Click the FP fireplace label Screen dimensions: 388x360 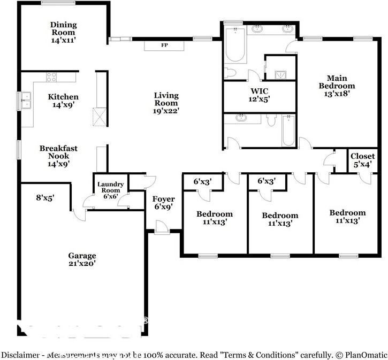[164, 45]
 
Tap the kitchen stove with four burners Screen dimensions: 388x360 [51, 77]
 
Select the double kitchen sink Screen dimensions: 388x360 [26, 101]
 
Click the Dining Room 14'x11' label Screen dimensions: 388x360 [63, 32]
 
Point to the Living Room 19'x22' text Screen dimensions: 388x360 [166, 103]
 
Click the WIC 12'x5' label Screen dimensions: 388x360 [259, 95]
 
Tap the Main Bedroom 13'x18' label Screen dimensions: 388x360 [337, 86]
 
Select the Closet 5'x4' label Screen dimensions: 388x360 [362, 160]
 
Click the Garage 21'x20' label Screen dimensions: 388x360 [82, 259]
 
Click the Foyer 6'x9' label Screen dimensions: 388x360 [164, 203]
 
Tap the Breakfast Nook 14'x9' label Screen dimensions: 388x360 [59, 156]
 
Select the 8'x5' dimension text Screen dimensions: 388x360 [45, 197]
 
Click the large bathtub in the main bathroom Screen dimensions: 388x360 [235, 44]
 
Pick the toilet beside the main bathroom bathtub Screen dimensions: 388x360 [230, 73]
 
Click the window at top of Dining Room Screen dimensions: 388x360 [58, 3]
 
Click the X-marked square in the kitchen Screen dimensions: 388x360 [100, 117]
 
